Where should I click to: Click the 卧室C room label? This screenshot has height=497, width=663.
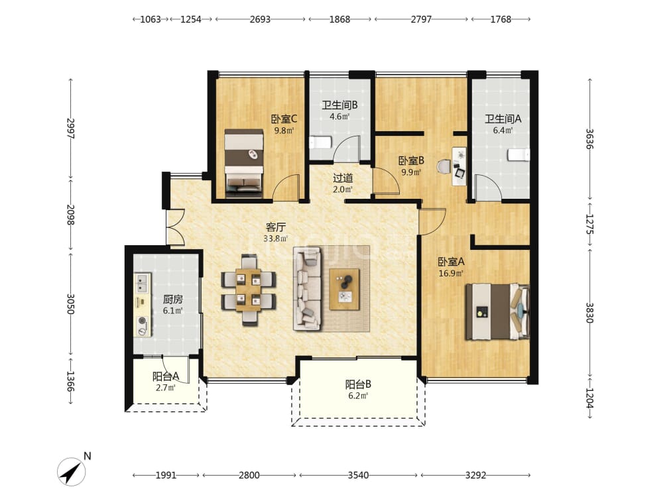(x=284, y=119)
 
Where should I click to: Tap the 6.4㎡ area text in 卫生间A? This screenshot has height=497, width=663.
(x=503, y=131)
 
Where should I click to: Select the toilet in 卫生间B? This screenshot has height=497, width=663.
(x=320, y=142)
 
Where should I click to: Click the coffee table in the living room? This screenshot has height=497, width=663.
(x=345, y=290)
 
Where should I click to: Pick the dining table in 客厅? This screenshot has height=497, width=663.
(x=249, y=290)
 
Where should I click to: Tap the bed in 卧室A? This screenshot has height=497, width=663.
(x=497, y=311)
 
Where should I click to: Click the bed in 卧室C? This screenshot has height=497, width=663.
(x=244, y=163)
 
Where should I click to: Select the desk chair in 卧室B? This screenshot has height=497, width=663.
(x=444, y=166)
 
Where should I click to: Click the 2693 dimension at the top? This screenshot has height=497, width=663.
(x=260, y=19)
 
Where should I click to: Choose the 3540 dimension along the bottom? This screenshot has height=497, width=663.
(x=358, y=475)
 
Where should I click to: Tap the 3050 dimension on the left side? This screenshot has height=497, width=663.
(x=71, y=304)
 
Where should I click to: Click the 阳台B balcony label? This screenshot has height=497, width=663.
(x=358, y=384)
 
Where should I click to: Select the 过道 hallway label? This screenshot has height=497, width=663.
(x=343, y=178)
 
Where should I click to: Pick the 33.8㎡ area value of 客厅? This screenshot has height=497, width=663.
(x=275, y=239)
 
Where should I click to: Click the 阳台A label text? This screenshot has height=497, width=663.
(x=166, y=376)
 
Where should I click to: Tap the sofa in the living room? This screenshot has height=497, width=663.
(x=308, y=289)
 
